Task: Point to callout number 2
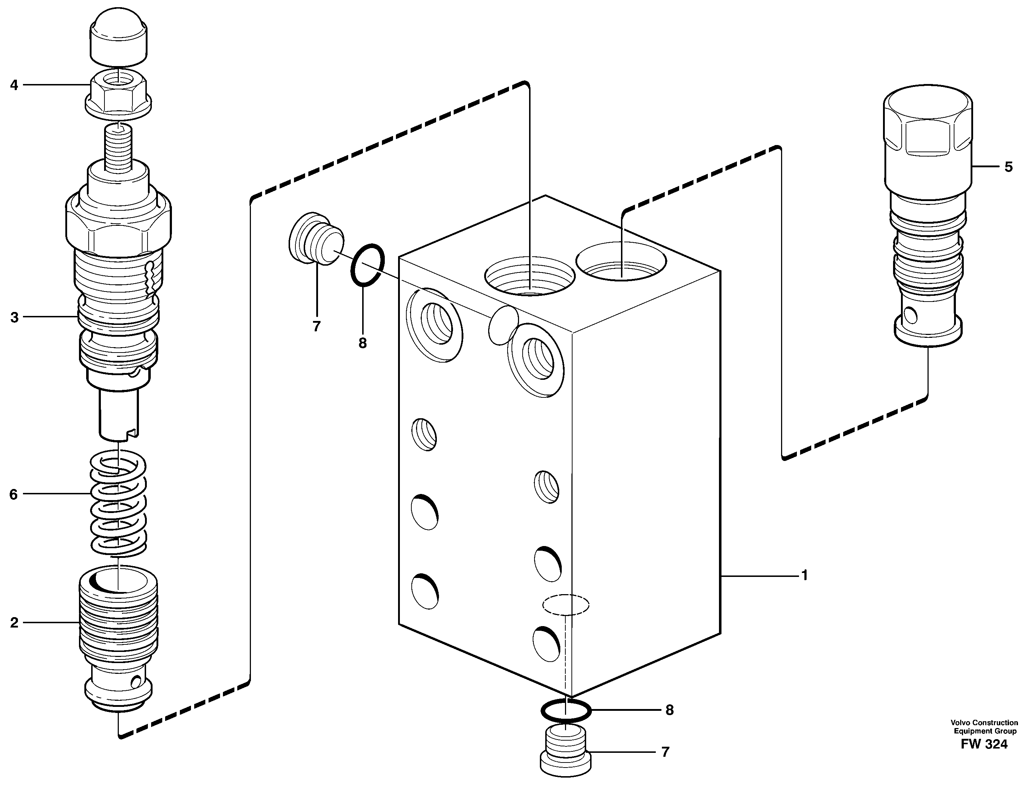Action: click(x=14, y=623)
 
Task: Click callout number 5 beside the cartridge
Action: click(x=1008, y=167)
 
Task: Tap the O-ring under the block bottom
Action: click(x=566, y=711)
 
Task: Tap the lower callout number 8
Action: click(x=669, y=710)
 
